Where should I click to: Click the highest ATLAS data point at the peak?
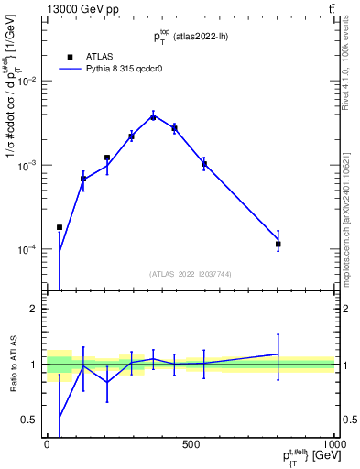(x=153, y=117)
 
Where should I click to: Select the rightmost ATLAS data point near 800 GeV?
(x=278, y=245)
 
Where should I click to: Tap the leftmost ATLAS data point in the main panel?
(x=60, y=227)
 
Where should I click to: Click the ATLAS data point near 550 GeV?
(x=204, y=164)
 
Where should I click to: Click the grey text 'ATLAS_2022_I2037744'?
(x=190, y=274)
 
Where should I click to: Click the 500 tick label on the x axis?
(x=190, y=444)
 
